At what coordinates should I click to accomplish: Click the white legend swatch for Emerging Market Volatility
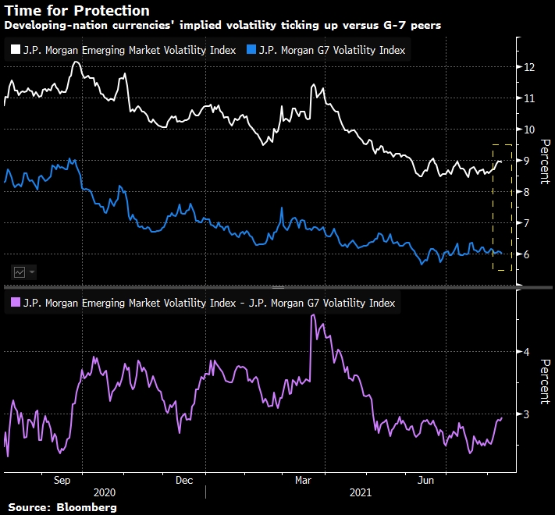tap(16, 50)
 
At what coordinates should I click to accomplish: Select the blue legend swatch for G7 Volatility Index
tap(250, 50)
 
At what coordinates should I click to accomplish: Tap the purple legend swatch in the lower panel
tap(16, 303)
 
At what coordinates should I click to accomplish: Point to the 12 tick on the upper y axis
tap(529, 67)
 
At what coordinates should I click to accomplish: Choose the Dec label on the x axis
tap(185, 481)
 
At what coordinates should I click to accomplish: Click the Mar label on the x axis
tap(304, 481)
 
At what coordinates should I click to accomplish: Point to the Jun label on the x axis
tap(426, 481)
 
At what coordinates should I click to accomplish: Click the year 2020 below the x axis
tap(104, 493)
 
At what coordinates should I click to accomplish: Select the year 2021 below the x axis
tap(361, 493)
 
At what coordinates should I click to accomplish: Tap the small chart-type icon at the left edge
tap(20, 272)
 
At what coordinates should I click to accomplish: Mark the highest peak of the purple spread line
tap(312, 315)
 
